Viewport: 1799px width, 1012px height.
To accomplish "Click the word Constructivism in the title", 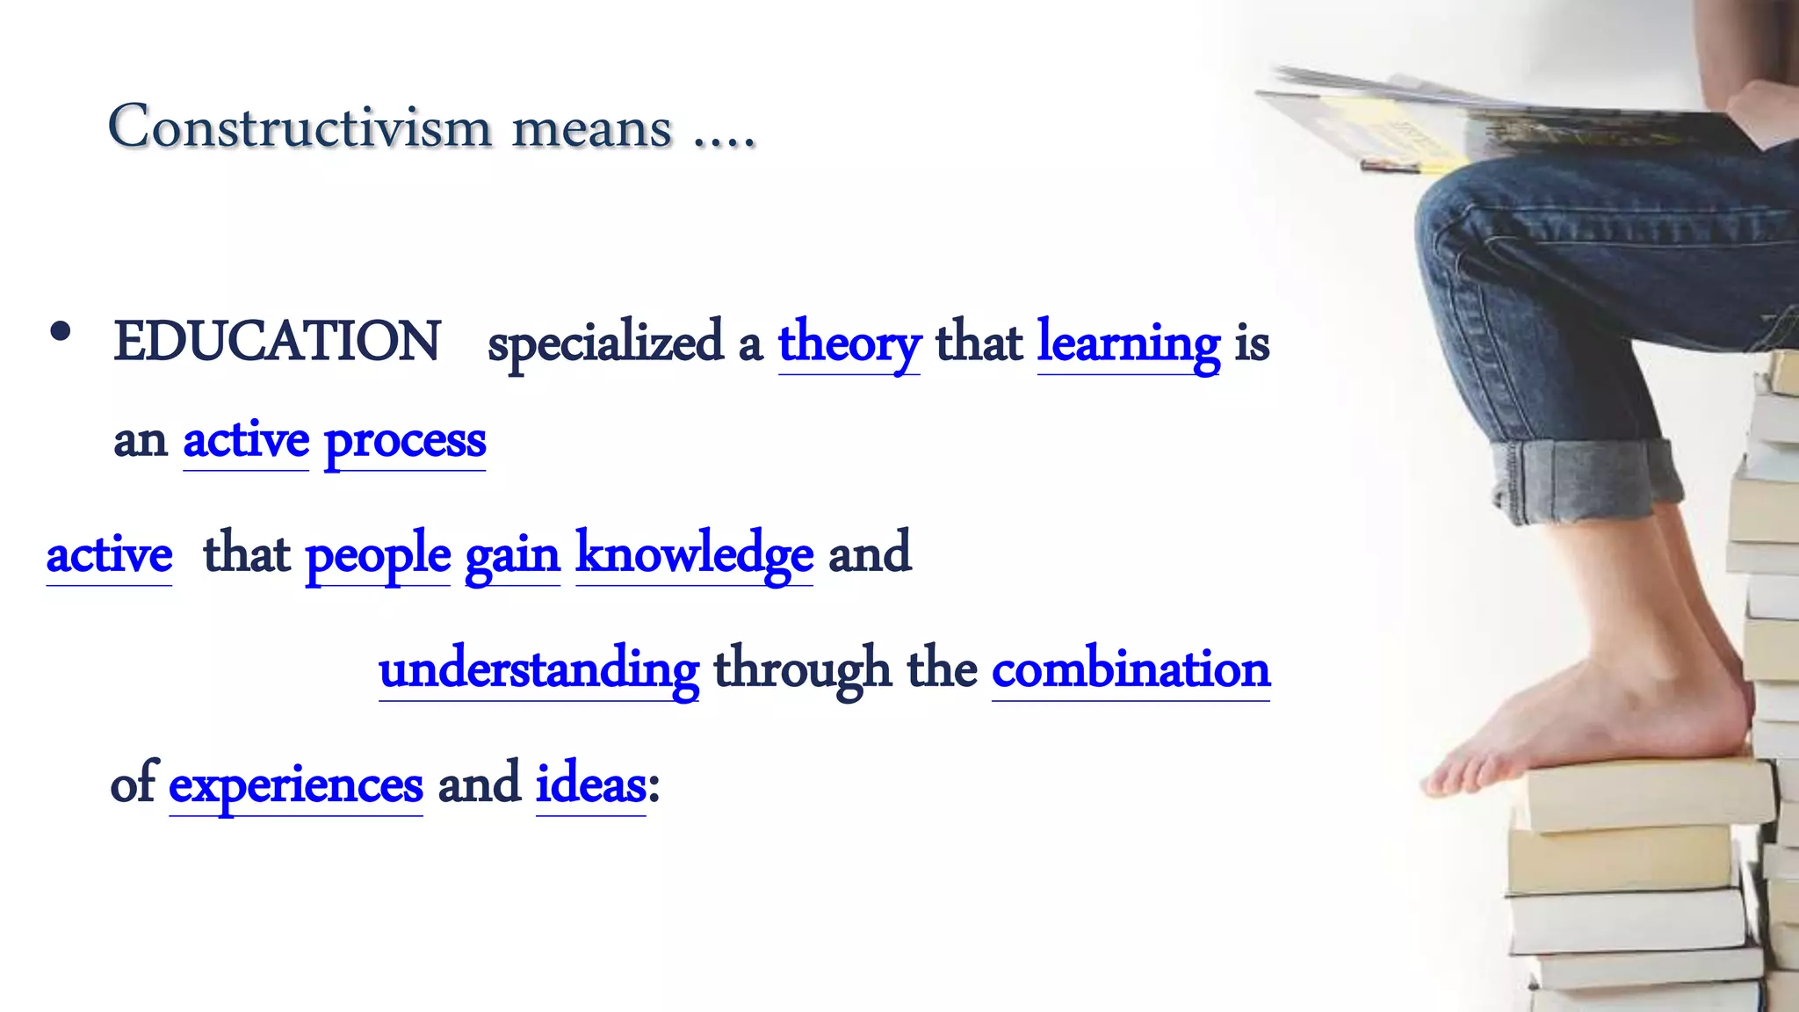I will pos(300,127).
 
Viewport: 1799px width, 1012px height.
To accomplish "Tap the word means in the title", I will pos(592,129).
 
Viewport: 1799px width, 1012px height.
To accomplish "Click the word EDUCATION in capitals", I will pos(277,342).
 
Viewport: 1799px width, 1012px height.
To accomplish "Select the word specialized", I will pos(605,343).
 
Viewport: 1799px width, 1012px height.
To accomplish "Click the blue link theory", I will pos(849,343).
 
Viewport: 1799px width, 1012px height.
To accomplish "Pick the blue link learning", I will pos(1129,343).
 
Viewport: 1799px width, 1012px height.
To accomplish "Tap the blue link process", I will pos(405,441).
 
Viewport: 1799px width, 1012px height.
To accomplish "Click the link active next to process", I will pos(246,441).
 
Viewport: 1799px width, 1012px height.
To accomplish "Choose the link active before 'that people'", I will pos(109,555).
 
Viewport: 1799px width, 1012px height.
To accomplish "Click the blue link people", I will pos(378,555).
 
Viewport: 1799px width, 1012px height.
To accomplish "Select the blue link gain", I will pos(512,555).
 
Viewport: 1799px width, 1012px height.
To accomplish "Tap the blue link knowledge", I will pos(694,555).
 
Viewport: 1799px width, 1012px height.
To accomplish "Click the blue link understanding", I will pos(538,670).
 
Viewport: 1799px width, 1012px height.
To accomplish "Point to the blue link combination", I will pos(1131,670).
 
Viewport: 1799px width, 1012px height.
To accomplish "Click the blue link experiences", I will pos(296,784).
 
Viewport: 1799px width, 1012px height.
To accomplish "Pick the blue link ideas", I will pos(591,784).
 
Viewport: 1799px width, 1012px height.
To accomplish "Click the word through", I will pos(802,670).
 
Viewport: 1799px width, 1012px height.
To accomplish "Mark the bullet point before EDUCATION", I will pos(61,333).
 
